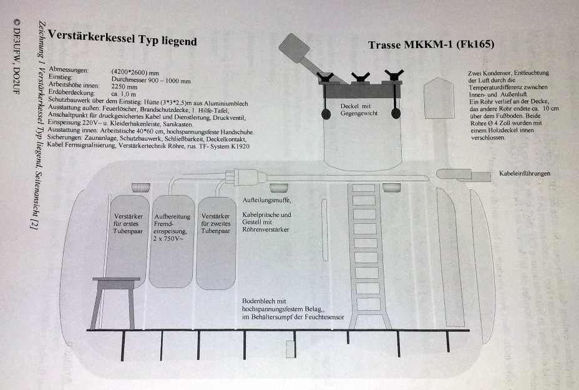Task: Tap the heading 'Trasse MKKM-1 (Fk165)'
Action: click(x=431, y=45)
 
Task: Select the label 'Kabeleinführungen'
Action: click(x=525, y=173)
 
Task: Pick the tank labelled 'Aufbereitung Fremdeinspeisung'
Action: click(x=172, y=241)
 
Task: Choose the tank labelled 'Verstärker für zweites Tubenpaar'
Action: click(x=216, y=243)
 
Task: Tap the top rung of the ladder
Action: click(x=363, y=187)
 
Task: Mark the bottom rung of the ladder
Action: click(x=368, y=304)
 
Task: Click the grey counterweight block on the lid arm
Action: click(x=294, y=48)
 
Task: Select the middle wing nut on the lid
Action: click(x=361, y=77)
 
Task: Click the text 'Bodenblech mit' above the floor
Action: click(x=264, y=301)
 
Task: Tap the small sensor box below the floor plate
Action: click(x=290, y=349)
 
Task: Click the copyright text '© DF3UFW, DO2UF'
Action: click(x=16, y=56)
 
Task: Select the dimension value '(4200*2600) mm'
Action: click(x=135, y=72)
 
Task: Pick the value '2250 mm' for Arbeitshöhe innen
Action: click(x=124, y=87)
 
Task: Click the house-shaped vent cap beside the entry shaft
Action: click(x=439, y=97)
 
